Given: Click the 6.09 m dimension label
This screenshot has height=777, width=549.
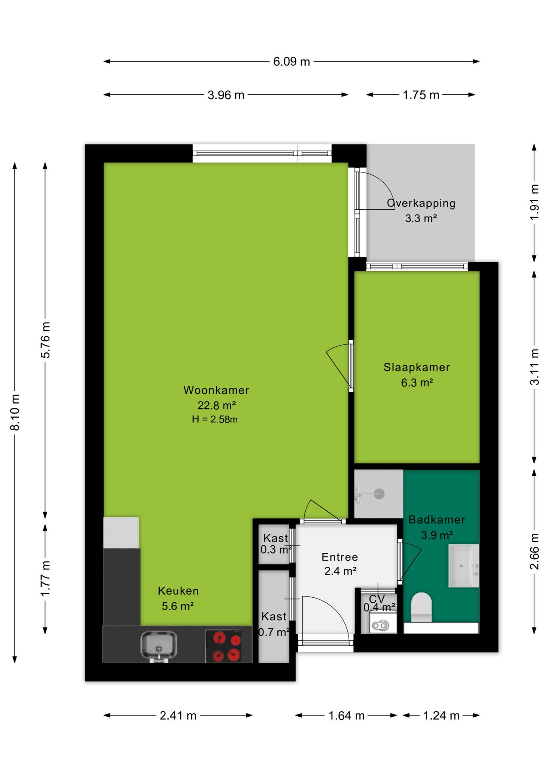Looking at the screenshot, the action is tap(291, 62).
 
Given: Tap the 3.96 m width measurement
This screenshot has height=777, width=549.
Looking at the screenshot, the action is tap(226, 95).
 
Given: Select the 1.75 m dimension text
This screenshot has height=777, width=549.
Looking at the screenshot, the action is tap(421, 95).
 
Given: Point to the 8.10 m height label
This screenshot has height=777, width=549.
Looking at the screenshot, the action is tap(15, 412).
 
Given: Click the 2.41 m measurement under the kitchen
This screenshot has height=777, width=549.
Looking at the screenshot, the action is tap(178, 715).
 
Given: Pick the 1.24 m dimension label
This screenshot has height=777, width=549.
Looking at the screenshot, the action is tap(441, 715).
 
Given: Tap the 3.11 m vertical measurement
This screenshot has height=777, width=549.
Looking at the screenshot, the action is tap(534, 367).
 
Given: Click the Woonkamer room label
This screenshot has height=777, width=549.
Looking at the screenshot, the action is tap(216, 390).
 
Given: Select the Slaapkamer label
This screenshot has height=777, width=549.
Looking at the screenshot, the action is tap(417, 367).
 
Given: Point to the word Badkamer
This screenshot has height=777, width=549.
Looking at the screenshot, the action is tap(437, 520).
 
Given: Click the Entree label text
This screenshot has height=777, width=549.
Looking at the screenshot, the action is tap(340, 557).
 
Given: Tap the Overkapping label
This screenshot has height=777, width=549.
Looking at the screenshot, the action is tap(421, 203).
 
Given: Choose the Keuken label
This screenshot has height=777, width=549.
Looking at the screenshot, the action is tap(178, 591).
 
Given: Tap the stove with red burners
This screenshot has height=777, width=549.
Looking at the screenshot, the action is tap(223, 646).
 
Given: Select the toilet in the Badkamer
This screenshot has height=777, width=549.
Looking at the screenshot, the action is tap(421, 607).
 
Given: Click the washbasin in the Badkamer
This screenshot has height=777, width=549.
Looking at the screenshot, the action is tap(464, 565).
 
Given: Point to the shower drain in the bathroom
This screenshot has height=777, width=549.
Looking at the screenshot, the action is tap(379, 494).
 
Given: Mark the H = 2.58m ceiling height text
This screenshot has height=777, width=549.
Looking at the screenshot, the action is tap(215, 419).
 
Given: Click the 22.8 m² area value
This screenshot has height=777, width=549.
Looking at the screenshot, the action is tap(217, 405).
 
